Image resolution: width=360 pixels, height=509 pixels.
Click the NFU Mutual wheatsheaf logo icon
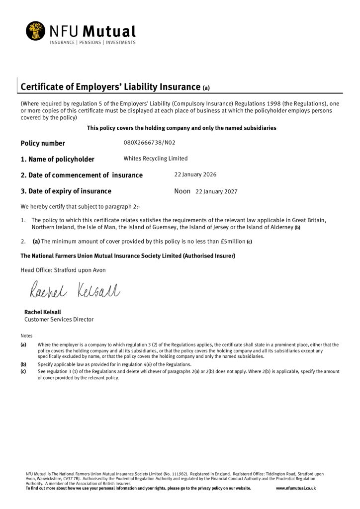pyautogui.click(x=36, y=31)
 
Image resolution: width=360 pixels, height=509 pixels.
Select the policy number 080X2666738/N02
pyautogui.click(x=149, y=143)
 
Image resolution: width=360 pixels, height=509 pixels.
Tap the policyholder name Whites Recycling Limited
pyautogui.click(x=156, y=159)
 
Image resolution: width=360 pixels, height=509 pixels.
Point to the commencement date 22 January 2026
pyautogui.click(x=195, y=174)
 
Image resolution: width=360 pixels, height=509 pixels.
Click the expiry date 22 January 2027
pyautogui.click(x=216, y=191)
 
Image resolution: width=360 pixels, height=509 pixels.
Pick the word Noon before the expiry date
pyautogui.click(x=182, y=191)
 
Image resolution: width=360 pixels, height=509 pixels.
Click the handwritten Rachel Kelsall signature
pyautogui.click(x=75, y=290)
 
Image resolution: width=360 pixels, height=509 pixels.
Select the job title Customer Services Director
pyautogui.click(x=59, y=320)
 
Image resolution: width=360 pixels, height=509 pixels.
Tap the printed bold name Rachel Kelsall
pyautogui.click(x=43, y=312)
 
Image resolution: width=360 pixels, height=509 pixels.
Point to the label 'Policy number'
pyautogui.click(x=43, y=143)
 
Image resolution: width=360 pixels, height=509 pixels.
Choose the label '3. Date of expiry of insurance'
pyautogui.click(x=66, y=191)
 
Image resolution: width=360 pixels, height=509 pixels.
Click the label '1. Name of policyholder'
pyautogui.click(x=57, y=159)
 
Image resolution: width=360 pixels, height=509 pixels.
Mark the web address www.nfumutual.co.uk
pyautogui.click(x=296, y=488)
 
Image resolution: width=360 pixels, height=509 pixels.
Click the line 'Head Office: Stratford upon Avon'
pyautogui.click(x=63, y=270)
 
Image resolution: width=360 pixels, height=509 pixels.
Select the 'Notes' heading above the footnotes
pyautogui.click(x=26, y=336)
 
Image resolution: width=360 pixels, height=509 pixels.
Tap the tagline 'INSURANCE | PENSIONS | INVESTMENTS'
pyautogui.click(x=92, y=43)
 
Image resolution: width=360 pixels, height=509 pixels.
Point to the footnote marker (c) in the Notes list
pyautogui.click(x=23, y=371)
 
